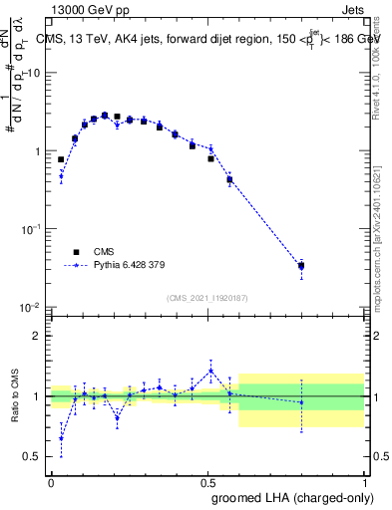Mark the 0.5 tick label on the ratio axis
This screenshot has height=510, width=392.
(x=33, y=457)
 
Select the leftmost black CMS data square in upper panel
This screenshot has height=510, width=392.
(x=61, y=159)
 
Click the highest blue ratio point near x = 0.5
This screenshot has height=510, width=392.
(x=210, y=371)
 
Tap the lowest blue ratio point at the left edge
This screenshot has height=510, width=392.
(x=61, y=438)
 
